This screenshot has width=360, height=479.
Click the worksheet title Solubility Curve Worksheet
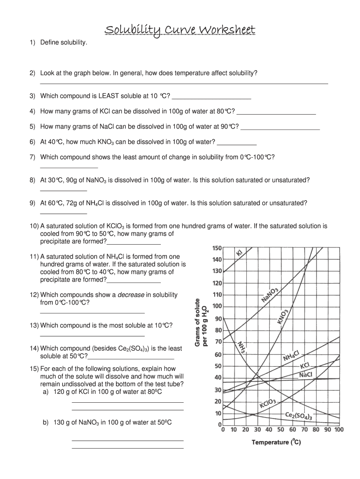coord(180,30)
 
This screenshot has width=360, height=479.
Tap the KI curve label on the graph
coord(240,253)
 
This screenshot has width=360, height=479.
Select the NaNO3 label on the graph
coord(270,296)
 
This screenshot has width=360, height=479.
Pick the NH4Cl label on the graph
coord(293,356)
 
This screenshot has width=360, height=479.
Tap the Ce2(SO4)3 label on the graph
coord(299,415)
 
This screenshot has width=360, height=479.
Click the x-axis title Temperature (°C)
coord(276,442)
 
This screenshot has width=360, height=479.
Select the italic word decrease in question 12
coord(130,295)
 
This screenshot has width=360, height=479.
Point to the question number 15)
coord(34,369)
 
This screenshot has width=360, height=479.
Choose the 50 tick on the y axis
coord(218,366)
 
